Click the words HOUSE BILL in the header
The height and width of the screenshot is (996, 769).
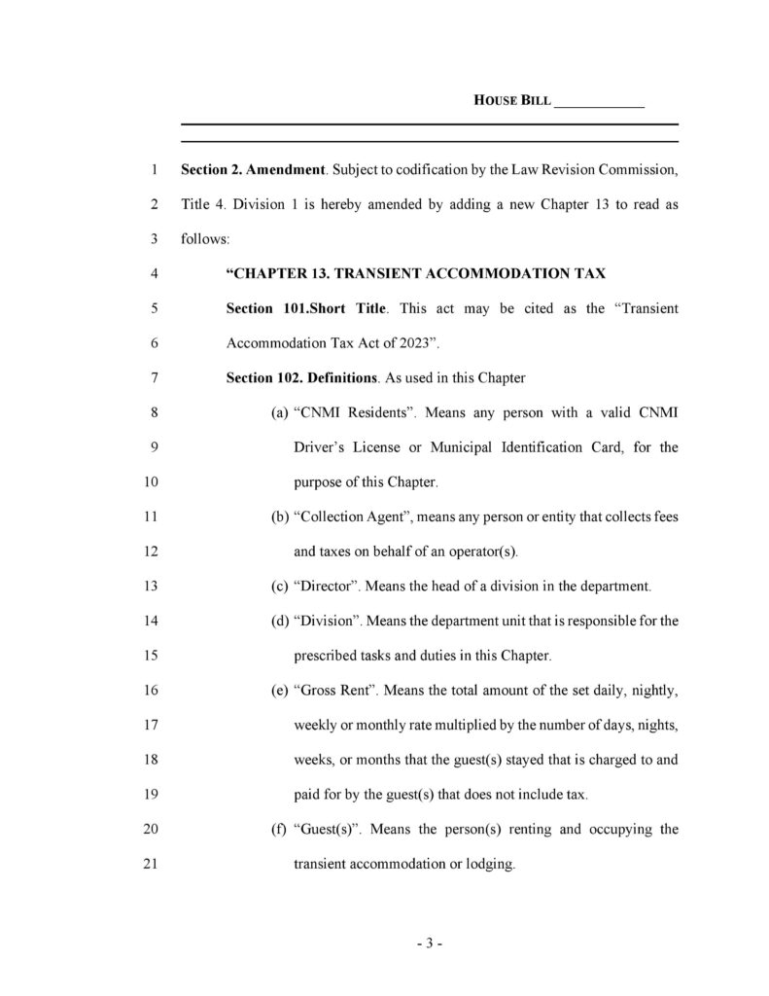512,100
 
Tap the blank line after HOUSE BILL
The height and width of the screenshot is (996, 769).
599,102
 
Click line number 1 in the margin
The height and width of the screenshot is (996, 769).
154,170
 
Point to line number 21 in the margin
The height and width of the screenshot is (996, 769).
150,863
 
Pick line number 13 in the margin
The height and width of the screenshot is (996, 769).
150,586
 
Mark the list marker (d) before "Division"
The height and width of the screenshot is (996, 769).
278,621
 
